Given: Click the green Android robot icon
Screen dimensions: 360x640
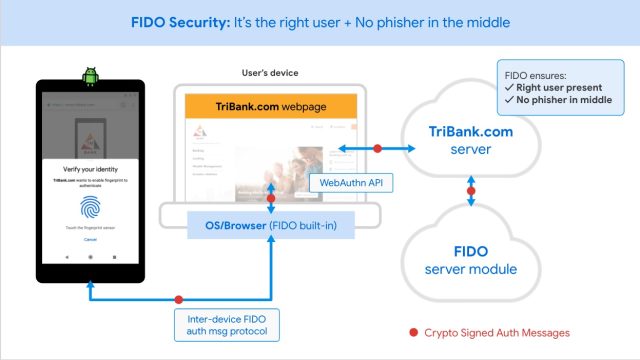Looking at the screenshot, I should tap(90, 74).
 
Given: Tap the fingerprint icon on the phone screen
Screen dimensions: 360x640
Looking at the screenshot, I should tap(90, 206).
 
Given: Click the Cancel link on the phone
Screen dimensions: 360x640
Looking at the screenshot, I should tap(90, 240).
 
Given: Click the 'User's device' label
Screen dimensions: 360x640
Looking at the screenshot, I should tap(270, 73).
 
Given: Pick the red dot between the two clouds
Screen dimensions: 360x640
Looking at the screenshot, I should tap(471, 189).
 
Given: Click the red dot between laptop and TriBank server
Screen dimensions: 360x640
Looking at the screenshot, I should tap(377, 148).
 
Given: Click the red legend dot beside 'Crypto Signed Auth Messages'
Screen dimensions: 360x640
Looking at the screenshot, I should tap(413, 332).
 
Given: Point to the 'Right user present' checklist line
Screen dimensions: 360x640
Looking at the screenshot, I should tap(559, 86).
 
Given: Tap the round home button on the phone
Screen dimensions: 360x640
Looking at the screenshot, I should tap(90, 257).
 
